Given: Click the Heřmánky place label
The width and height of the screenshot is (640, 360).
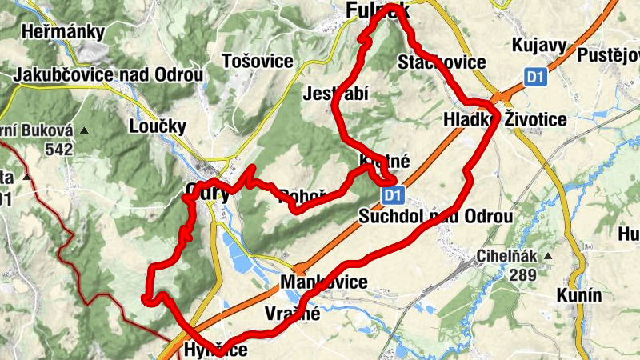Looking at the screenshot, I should [x=65, y=33].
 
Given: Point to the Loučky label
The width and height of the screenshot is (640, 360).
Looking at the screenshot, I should [x=157, y=126].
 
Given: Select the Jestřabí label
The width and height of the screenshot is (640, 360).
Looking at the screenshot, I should [x=335, y=94].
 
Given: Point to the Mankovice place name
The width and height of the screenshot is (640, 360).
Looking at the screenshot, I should [x=323, y=282].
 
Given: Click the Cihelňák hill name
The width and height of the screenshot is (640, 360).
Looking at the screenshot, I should [x=507, y=257].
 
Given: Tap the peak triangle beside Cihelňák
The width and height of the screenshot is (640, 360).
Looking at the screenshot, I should [x=549, y=257].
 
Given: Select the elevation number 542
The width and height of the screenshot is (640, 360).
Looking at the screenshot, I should [x=59, y=149].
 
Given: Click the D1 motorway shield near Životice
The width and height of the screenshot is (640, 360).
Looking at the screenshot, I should [x=536, y=76].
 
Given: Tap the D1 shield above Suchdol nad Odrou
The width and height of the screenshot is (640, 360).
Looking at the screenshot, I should [x=390, y=194].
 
